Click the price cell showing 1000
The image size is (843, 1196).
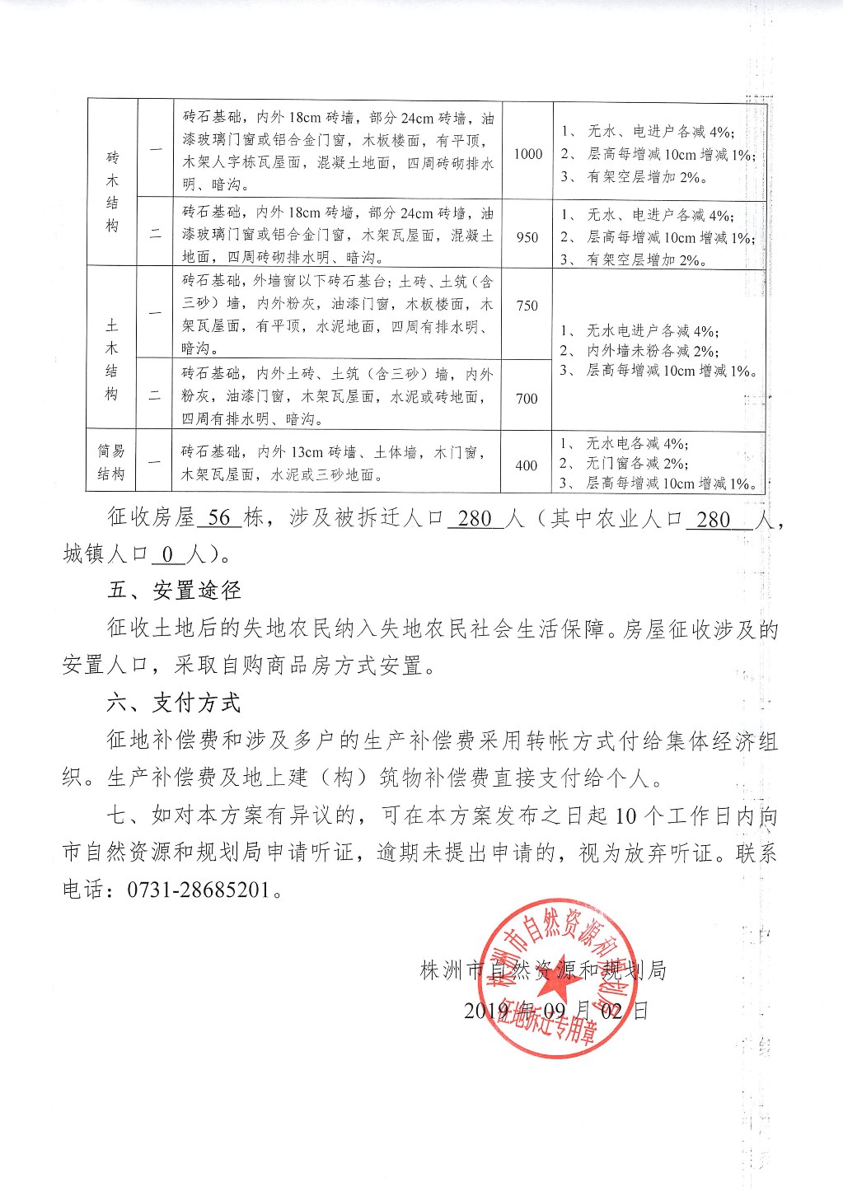tap(528, 154)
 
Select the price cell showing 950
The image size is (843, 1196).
tap(527, 237)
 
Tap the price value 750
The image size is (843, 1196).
tap(527, 306)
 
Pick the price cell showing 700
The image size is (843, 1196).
tap(527, 399)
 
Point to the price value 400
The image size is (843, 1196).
tap(527, 465)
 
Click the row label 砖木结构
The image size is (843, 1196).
tap(112, 191)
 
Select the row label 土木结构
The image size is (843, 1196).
tap(112, 360)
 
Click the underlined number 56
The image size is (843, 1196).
tap(219, 518)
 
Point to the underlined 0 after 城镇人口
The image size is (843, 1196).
tap(167, 554)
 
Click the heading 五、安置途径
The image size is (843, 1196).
tap(174, 591)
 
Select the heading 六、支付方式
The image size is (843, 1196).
tap(174, 703)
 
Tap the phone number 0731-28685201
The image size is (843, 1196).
tap(199, 890)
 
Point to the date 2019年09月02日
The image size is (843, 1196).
tap(555, 1010)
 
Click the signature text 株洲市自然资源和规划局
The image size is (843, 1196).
tap(543, 970)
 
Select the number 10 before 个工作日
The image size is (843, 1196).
tap(626, 816)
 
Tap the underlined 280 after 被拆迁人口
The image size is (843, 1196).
tap(475, 519)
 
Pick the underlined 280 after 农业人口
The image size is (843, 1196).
tap(714, 520)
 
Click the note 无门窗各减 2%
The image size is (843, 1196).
tap(637, 464)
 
